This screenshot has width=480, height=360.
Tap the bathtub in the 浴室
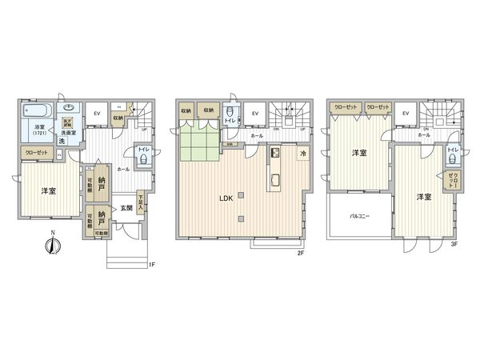click(x=38, y=110)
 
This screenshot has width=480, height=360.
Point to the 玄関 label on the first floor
click(x=126, y=208)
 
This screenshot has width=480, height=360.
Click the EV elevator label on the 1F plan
click(x=96, y=114)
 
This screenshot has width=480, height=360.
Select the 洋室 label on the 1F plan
click(x=48, y=190)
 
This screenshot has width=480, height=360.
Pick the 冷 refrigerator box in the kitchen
click(x=303, y=153)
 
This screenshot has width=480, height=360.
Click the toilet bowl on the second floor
click(x=231, y=112)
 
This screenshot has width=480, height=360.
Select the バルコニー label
click(x=357, y=216)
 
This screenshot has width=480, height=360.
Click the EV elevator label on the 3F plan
click(x=406, y=114)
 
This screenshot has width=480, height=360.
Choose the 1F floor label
click(x=150, y=265)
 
